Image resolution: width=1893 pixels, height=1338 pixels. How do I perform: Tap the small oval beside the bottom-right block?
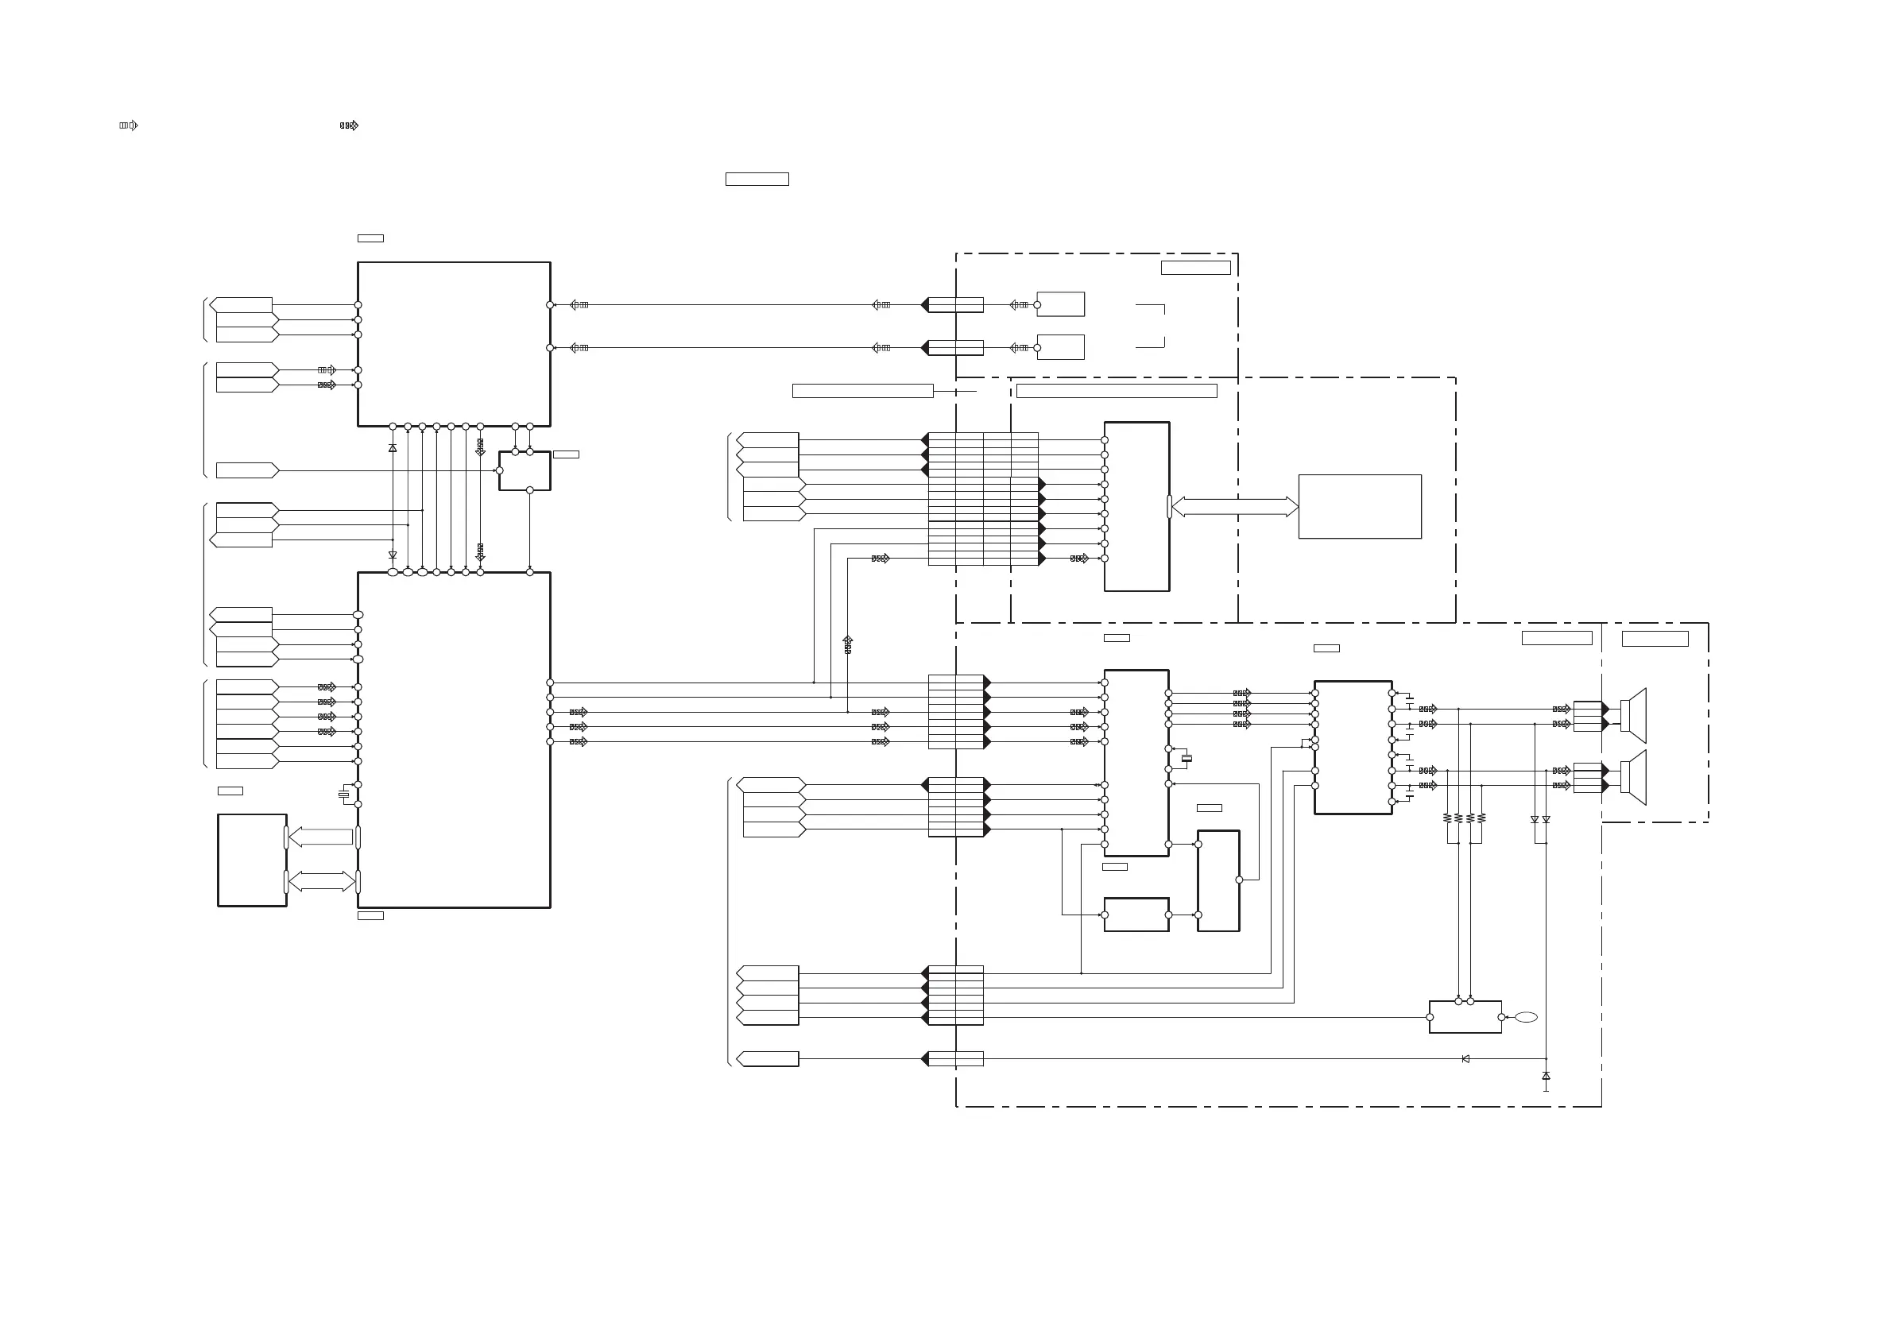click(1526, 1017)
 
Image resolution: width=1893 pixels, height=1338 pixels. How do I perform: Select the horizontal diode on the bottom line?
click(1465, 1059)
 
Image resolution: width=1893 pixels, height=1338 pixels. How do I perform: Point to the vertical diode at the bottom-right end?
click(1546, 1076)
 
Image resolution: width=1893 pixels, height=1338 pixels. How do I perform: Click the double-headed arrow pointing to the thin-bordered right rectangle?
click(1234, 507)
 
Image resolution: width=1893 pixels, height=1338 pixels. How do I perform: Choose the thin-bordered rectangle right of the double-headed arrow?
click(1360, 507)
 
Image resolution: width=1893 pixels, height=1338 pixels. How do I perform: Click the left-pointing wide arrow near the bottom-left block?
click(321, 837)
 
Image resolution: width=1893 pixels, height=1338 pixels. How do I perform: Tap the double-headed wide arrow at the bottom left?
click(322, 881)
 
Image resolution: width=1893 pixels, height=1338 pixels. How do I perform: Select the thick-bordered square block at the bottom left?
click(252, 860)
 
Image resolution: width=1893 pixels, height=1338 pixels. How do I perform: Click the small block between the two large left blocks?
click(525, 470)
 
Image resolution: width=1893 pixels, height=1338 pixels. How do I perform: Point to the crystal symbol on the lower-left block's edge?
click(344, 795)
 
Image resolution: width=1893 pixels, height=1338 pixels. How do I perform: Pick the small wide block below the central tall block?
click(1136, 915)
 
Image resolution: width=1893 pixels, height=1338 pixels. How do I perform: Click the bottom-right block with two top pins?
click(1465, 1017)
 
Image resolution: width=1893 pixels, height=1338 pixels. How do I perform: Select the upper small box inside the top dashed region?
click(1061, 304)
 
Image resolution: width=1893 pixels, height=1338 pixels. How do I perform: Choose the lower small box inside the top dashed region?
click(1061, 347)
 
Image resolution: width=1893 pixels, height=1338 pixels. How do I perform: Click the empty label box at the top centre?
click(757, 179)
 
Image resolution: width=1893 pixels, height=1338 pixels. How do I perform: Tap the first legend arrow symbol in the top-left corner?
click(129, 126)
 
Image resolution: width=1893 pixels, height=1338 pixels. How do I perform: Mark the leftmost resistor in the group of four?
click(1447, 818)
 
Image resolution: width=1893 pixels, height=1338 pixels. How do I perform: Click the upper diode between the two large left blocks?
click(393, 447)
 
